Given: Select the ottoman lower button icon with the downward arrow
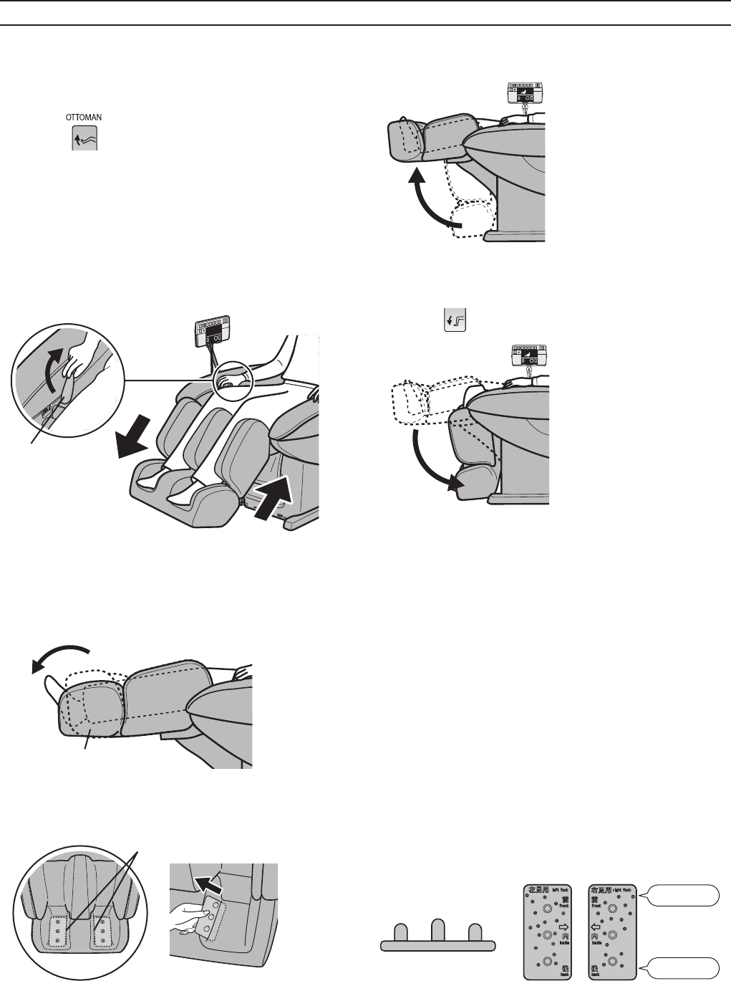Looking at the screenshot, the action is pos(456,320).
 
